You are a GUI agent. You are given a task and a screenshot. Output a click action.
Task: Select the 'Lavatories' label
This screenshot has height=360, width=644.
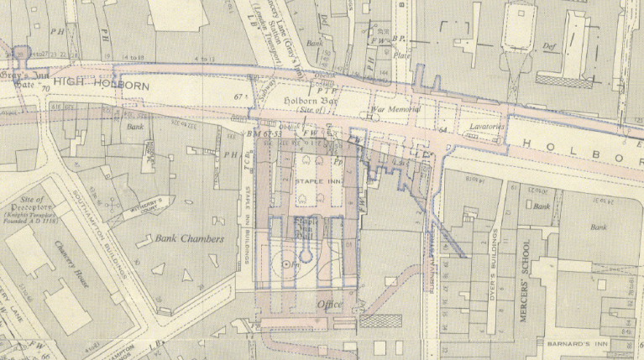point(485,127)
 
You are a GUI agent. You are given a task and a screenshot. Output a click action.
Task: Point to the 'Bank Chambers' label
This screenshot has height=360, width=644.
point(190,239)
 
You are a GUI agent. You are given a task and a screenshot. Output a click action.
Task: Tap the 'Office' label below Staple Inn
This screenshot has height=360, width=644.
point(328,304)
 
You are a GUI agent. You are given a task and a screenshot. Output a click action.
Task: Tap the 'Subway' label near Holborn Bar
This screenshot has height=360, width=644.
point(268,103)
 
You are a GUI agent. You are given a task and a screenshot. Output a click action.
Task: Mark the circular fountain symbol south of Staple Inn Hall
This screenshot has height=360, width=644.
point(287,265)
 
